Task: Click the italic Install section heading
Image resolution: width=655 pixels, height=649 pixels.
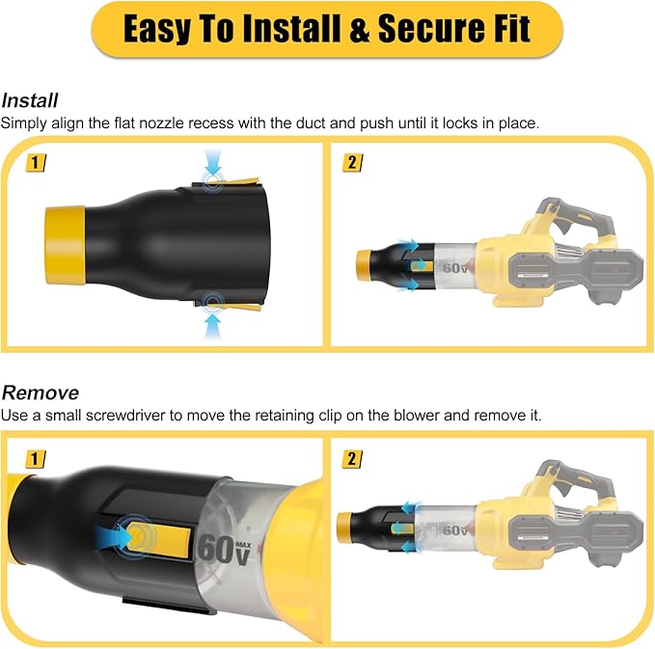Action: pyautogui.click(x=30, y=100)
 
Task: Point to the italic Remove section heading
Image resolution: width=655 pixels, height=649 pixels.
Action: pyautogui.click(x=40, y=392)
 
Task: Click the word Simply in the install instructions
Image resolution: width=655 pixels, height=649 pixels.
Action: pyautogui.click(x=22, y=122)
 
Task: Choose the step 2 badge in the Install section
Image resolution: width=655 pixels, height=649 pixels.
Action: pyautogui.click(x=352, y=163)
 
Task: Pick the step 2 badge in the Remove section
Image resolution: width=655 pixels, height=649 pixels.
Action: pyautogui.click(x=352, y=456)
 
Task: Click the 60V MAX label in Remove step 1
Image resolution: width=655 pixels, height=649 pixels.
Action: pyautogui.click(x=230, y=546)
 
